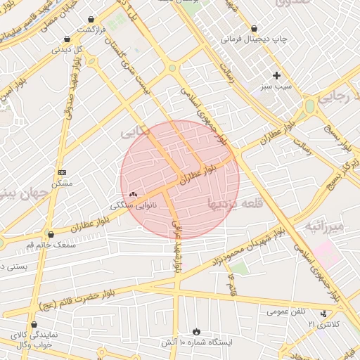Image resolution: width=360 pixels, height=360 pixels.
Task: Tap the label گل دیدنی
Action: (69, 50)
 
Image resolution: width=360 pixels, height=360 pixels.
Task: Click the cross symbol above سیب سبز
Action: (277, 75)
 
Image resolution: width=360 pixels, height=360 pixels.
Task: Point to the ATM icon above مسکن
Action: (63, 172)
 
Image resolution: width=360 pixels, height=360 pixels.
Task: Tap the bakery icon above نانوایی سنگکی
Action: (133, 194)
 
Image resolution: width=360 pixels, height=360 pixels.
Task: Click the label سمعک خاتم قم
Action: (49, 245)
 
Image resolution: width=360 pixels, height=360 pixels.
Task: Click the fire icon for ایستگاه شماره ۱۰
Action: (196, 330)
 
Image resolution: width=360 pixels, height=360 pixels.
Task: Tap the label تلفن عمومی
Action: (285, 311)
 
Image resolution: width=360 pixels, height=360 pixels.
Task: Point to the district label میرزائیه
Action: (324, 226)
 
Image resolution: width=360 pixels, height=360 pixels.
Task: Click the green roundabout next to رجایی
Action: (309, 107)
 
